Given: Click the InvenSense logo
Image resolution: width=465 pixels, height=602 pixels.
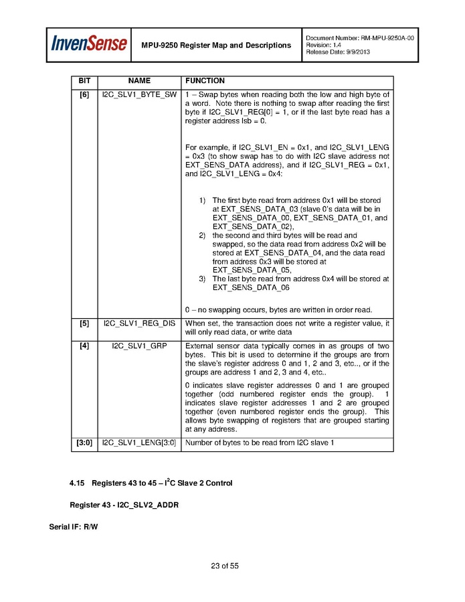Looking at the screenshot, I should (x=89, y=44).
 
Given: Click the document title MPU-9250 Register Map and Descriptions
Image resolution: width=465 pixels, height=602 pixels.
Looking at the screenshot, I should (x=216, y=46).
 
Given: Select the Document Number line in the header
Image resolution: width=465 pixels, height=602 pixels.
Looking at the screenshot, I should (x=359, y=38).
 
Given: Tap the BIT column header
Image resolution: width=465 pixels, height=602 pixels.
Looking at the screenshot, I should (x=84, y=81).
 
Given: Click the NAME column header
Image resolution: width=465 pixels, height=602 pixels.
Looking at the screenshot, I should (x=139, y=81).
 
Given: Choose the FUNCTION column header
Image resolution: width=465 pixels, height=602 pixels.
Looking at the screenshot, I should (x=205, y=81).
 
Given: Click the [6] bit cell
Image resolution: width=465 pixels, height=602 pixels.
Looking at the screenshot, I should (x=84, y=94).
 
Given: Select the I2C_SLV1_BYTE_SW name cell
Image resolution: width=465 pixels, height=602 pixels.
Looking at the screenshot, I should (x=139, y=94).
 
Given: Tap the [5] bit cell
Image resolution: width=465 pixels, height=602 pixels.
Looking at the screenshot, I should (x=84, y=323).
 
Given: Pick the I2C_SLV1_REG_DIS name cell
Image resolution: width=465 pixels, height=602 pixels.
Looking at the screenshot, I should (x=139, y=323).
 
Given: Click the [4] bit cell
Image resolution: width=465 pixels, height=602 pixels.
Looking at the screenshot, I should (x=84, y=346).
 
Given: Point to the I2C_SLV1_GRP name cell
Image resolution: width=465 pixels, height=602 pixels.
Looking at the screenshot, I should (x=139, y=346).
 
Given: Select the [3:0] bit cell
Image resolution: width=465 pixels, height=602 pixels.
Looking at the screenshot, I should (x=84, y=443).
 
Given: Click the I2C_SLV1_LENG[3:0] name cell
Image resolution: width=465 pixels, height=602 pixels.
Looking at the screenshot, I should (x=139, y=443).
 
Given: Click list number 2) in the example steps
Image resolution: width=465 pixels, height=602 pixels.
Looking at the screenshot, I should (x=202, y=236).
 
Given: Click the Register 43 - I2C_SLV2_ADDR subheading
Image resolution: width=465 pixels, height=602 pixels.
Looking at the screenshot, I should (x=124, y=504).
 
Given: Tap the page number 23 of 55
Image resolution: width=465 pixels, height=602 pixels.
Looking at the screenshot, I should (x=225, y=567).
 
